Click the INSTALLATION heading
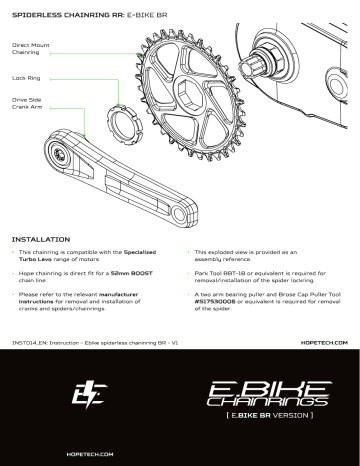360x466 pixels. (39, 240)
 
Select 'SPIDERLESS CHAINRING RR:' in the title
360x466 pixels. (62, 15)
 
